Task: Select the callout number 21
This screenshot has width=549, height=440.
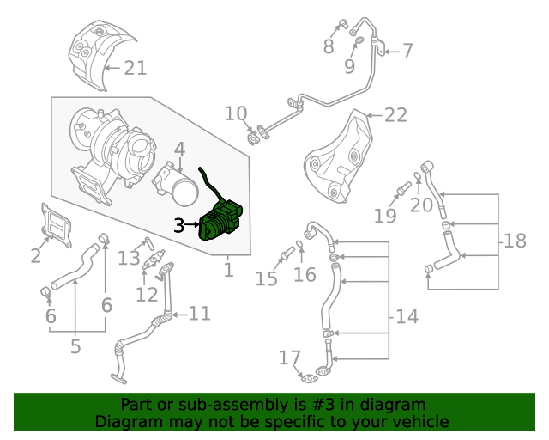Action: (x=136, y=68)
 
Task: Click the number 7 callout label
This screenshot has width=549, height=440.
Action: (x=407, y=51)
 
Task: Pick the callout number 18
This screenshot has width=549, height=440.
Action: (x=515, y=241)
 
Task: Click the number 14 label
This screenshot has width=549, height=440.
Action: (x=407, y=317)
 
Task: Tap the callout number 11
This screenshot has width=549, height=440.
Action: (x=199, y=314)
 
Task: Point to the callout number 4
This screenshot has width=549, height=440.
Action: (x=179, y=150)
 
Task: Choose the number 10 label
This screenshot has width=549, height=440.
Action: (x=236, y=113)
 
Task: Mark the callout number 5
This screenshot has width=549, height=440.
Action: (x=75, y=346)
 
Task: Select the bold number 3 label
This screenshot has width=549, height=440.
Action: (x=178, y=226)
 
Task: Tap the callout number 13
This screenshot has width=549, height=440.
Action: (x=129, y=258)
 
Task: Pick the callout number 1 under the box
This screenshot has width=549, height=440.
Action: (x=228, y=271)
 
